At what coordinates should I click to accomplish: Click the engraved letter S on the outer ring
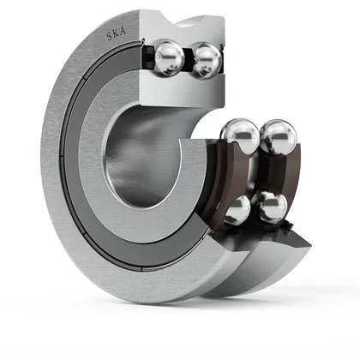(x=110, y=36)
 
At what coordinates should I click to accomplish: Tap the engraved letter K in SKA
(x=116, y=33)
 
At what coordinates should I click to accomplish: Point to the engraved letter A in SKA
(x=123, y=31)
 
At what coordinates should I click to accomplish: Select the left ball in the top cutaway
(x=169, y=59)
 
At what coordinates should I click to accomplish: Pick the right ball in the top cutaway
(x=207, y=61)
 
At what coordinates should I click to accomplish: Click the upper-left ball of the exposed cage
(x=240, y=136)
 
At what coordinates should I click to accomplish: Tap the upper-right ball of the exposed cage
(x=279, y=137)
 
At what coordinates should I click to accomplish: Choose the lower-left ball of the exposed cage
(x=237, y=209)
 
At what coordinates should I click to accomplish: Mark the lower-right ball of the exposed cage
(x=270, y=207)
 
